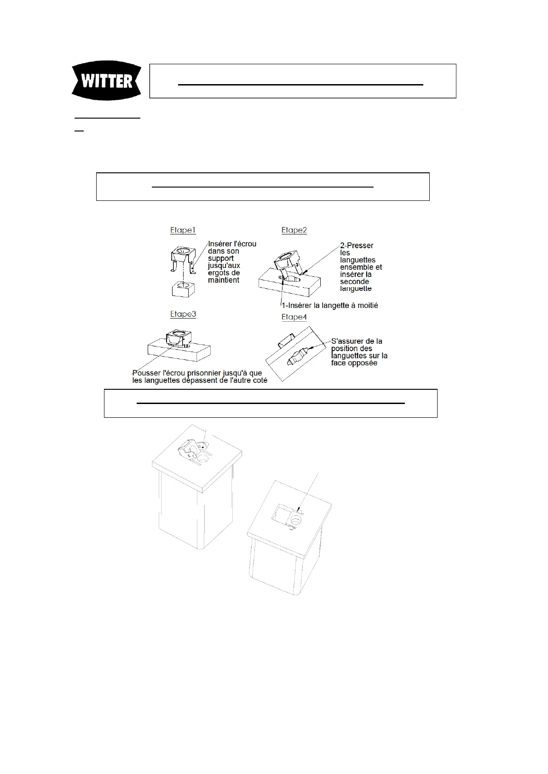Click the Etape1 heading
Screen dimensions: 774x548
tap(183, 230)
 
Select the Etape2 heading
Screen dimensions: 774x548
tap(294, 230)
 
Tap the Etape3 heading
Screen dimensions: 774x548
tap(183, 314)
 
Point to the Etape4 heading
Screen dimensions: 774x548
tap(294, 317)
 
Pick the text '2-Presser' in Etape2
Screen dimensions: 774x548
tap(357, 245)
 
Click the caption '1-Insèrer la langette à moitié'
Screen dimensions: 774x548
tap(329, 305)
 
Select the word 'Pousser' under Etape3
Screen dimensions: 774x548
tap(146, 373)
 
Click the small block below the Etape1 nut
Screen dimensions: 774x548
tap(183, 289)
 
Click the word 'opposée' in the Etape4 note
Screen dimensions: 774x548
tap(363, 363)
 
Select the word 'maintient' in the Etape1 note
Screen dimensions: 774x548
tap(224, 280)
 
